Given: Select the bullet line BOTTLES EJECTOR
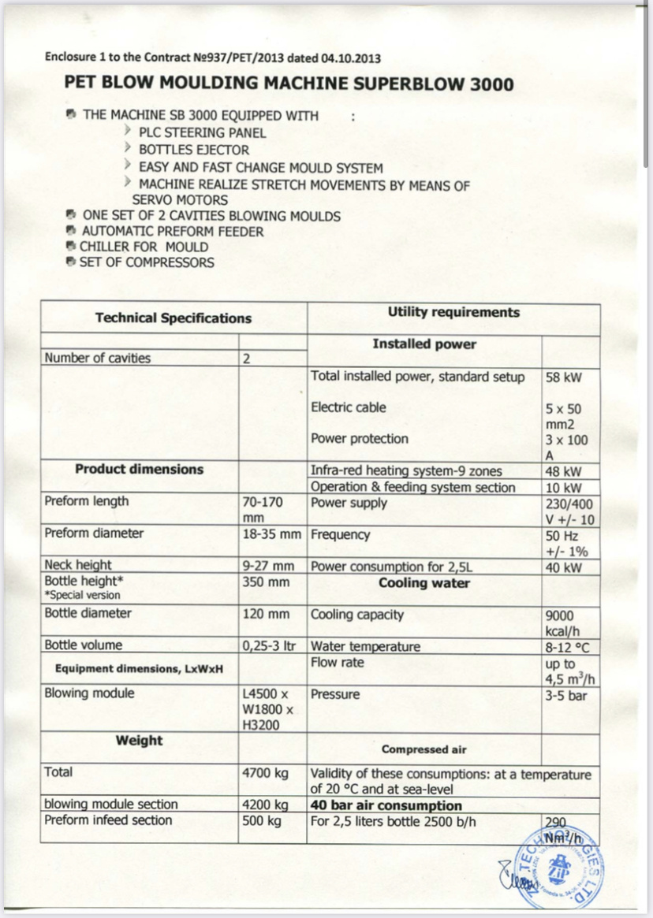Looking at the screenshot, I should (193, 150).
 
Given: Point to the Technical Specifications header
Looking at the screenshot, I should (174, 318).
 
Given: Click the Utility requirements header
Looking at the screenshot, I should (453, 313).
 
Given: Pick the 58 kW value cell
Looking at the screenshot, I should (564, 377).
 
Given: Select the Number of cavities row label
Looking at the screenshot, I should (98, 359).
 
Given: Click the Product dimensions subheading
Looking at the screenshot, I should (140, 470).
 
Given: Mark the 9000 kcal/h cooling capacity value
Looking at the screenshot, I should (565, 623).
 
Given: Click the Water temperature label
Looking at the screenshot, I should (365, 647).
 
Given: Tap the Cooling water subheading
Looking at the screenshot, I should (424, 584).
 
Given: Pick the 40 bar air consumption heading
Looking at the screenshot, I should (386, 805).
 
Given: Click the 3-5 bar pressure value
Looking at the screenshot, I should (566, 695).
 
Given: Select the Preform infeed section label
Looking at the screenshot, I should (108, 820).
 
